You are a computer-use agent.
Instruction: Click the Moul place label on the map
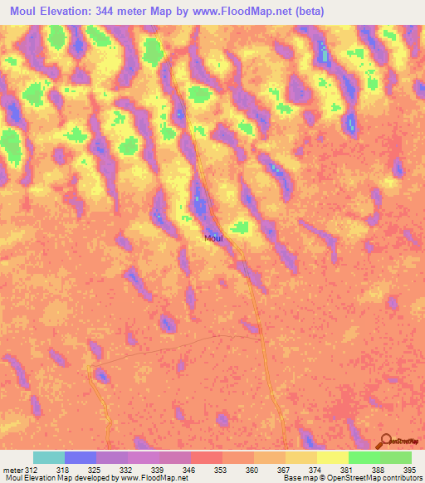point(213,238)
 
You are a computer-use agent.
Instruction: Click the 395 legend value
point(407,469)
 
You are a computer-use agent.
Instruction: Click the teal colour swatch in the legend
point(49,457)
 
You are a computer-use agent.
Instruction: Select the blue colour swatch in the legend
point(81,457)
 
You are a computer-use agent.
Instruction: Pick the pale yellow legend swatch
point(332,457)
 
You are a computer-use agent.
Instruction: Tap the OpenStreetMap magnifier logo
point(386,441)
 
